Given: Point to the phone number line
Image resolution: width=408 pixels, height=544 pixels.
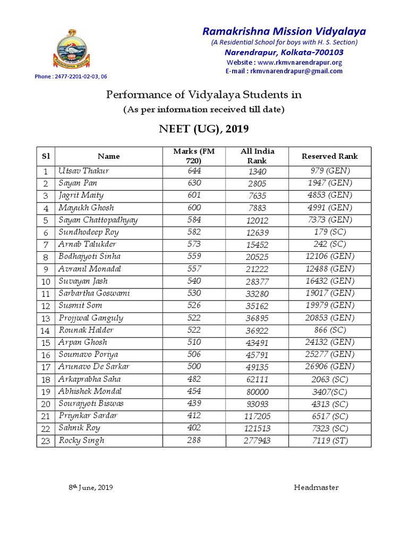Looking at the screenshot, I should coord(71,76).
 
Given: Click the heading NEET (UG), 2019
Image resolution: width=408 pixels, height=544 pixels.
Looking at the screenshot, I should coord(204,129).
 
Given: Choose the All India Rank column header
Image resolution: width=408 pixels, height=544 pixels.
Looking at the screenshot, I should coord(257,156).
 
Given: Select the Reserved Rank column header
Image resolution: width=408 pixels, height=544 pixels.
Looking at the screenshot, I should coord(329,156).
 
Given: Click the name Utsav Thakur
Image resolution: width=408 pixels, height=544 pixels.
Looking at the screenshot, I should coord(83,171).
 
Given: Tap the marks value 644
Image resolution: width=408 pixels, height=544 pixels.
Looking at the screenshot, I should coord(194,171).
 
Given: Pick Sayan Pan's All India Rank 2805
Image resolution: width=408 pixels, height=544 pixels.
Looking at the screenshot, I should coord(257,183).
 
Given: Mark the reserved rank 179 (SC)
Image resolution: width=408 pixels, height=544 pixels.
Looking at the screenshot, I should coord(329,232).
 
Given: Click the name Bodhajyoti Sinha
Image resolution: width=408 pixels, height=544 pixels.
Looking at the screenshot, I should coord(89,257).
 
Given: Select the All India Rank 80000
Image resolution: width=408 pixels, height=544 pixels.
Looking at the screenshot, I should coord(257,392).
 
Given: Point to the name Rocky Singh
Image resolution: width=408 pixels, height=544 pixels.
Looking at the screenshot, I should coord(81,440).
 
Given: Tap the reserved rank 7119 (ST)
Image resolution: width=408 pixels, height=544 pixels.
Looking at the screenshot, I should coord(329,440).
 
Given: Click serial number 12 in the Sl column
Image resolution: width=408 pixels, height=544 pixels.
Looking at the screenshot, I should coord(46,306).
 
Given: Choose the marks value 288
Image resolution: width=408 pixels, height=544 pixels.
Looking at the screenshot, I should coord(194,440).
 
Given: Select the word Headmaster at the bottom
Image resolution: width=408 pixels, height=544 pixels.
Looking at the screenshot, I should coord(316,487).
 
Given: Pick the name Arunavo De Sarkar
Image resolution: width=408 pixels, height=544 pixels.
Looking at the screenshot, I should coord(94,367).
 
